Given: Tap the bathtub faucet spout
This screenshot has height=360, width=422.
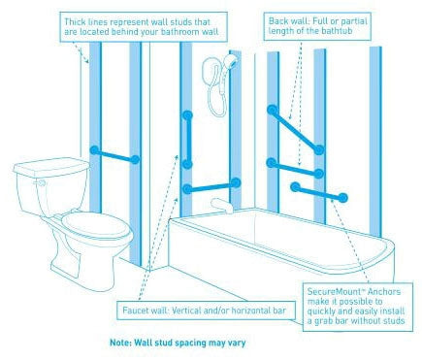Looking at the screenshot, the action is click(221, 205).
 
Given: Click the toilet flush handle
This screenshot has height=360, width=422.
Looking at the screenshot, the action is click(41, 183).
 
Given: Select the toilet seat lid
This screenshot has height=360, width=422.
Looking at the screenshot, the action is click(96, 224).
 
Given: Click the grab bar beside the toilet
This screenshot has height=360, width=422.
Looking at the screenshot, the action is click(114, 155).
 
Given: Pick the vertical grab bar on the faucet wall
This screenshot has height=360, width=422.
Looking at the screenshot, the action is click(187, 140).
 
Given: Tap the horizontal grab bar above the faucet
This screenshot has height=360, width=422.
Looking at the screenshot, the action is click(211, 185).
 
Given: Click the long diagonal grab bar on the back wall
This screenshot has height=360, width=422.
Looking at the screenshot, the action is click(295, 129).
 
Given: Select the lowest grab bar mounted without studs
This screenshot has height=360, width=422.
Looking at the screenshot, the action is click(319, 192).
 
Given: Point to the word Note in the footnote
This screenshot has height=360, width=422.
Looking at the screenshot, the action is click(120, 343).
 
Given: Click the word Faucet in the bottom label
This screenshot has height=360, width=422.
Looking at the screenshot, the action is click(135, 311).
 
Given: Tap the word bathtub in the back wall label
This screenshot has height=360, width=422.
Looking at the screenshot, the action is click(336, 31).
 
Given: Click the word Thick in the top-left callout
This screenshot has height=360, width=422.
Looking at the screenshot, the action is click(73, 22).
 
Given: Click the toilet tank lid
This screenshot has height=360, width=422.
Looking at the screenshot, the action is click(51, 167).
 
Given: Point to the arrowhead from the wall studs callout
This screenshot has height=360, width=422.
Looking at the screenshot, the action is click(86, 60).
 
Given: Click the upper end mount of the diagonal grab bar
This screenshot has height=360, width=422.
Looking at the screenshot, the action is click(273, 110).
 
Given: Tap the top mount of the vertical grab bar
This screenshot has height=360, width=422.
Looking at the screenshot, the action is click(187, 115).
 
